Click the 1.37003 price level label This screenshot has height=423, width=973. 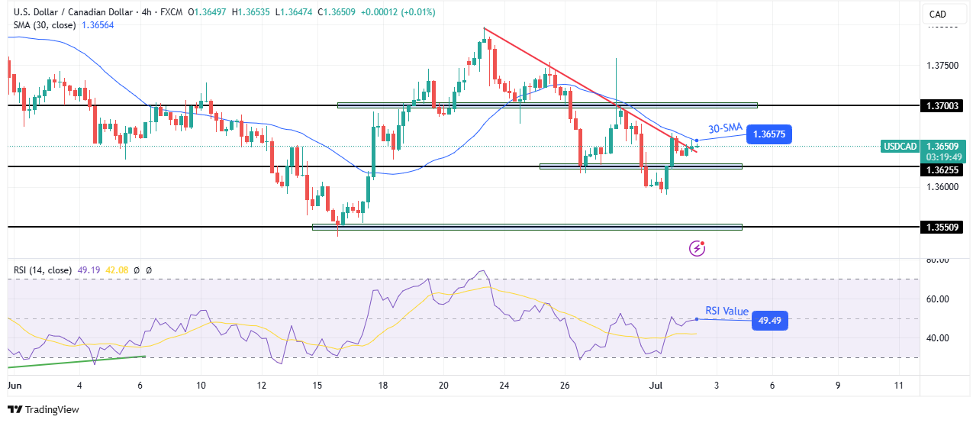[x=942, y=105]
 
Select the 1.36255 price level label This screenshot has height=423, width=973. [x=942, y=170]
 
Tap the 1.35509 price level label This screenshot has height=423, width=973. [x=942, y=227]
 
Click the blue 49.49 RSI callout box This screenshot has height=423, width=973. [x=769, y=321]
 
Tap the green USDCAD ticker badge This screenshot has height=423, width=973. [x=900, y=145]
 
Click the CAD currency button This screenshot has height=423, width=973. [x=937, y=14]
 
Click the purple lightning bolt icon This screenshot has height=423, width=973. [x=697, y=247]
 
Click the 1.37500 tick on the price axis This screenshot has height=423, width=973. [x=942, y=66]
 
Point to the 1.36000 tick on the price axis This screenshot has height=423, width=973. [x=942, y=187]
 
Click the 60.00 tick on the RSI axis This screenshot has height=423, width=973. [x=937, y=299]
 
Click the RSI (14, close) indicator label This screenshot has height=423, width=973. [x=43, y=270]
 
